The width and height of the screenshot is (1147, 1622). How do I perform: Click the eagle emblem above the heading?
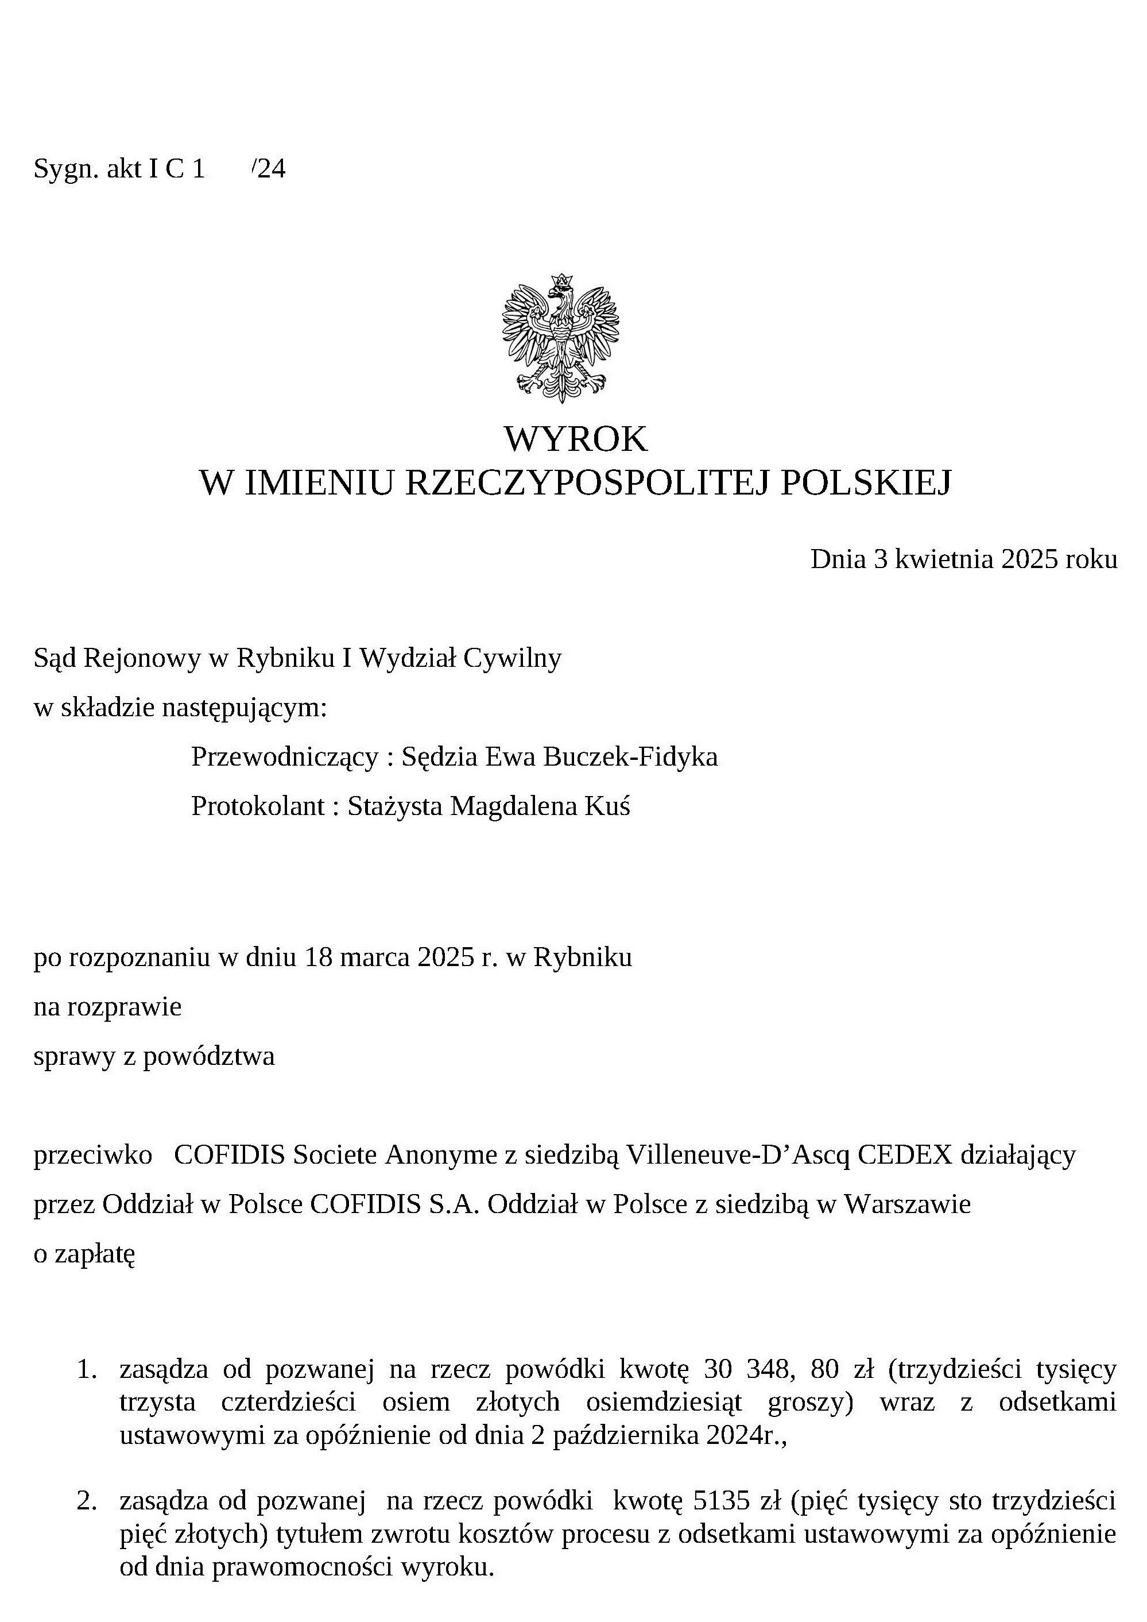tap(561, 338)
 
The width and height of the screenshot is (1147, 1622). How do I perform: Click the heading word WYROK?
tap(575, 439)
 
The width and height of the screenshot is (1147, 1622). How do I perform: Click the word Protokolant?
tap(257, 806)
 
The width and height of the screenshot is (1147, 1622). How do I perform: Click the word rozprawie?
tap(125, 1007)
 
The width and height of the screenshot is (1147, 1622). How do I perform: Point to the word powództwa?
tap(208, 1056)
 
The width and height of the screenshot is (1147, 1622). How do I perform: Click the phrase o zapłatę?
tap(85, 1254)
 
